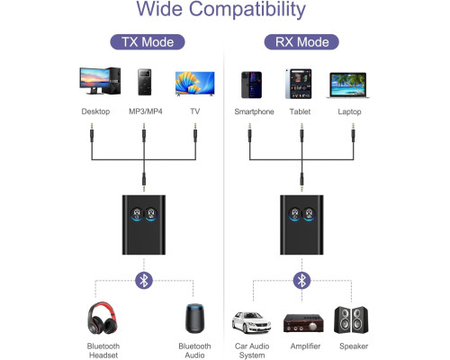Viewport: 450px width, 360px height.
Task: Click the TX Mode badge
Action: click(x=148, y=42)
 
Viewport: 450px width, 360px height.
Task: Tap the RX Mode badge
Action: click(x=301, y=42)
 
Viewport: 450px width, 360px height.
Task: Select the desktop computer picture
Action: click(x=100, y=81)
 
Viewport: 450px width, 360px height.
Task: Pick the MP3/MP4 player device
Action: click(x=144, y=82)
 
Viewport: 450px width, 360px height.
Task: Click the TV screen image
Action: click(x=195, y=84)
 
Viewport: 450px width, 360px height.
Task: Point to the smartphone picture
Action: click(x=251, y=85)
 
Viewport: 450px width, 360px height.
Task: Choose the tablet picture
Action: click(x=299, y=84)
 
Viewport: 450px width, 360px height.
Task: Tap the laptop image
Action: click(x=348, y=85)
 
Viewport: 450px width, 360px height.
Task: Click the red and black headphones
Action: click(x=103, y=318)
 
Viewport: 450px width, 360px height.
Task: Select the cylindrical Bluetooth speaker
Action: click(x=194, y=319)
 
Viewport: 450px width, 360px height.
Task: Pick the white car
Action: click(x=251, y=322)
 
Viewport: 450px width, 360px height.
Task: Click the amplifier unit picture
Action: click(x=303, y=323)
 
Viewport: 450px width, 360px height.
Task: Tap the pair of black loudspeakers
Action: click(x=351, y=319)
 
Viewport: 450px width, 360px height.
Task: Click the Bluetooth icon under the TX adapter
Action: click(x=144, y=281)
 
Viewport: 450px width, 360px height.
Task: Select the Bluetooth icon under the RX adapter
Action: click(x=301, y=281)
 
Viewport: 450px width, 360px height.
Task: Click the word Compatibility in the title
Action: click(x=247, y=9)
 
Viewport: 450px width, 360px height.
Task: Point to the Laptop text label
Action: click(x=349, y=112)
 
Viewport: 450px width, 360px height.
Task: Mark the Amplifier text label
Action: click(x=305, y=346)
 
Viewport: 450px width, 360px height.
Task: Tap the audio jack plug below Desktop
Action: click(x=92, y=132)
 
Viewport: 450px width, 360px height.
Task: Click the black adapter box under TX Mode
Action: click(x=144, y=225)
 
